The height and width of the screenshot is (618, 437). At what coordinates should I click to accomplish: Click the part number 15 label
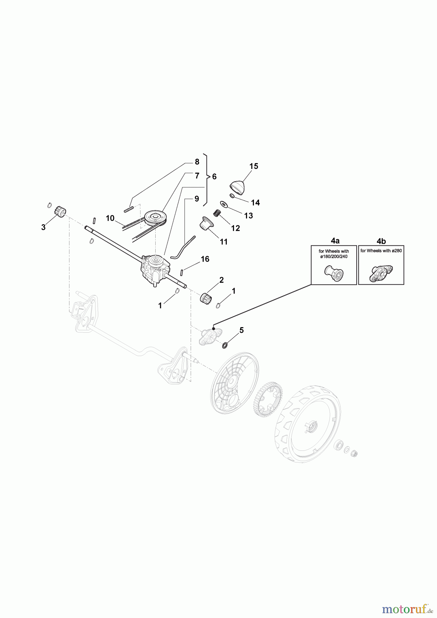point(254,166)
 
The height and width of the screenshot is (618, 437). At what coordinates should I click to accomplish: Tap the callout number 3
point(43,227)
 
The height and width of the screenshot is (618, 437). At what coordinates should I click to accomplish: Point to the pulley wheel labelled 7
point(155,218)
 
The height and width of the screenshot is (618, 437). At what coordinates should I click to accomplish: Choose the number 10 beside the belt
point(110,218)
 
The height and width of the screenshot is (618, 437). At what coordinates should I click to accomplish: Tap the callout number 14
point(255,203)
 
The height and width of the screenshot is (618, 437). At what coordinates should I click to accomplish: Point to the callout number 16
point(205,259)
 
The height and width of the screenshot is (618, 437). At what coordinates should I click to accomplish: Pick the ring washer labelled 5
point(225,345)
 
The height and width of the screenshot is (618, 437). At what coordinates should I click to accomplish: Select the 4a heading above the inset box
point(333,241)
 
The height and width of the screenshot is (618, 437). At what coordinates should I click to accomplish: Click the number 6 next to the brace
point(214,177)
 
